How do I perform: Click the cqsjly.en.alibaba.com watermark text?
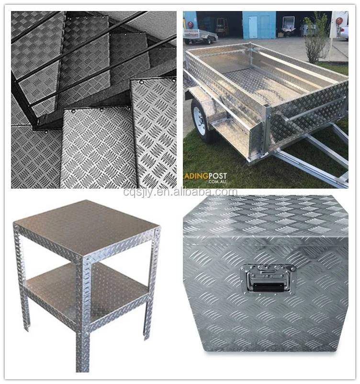coord(180,192)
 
